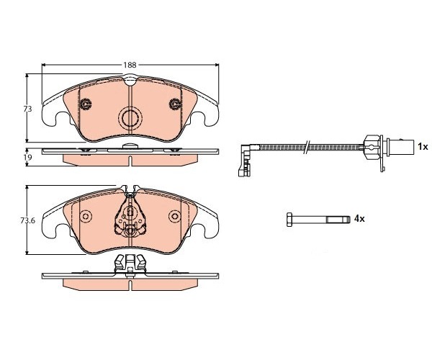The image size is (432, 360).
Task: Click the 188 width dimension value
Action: [x=130, y=65]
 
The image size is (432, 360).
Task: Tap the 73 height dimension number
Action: [x=27, y=109]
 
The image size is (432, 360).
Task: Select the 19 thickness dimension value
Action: [x=28, y=157]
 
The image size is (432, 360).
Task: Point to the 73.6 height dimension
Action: [x=27, y=220]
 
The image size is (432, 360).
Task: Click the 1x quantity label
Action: [x=423, y=147]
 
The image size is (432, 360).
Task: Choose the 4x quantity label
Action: [x=359, y=219]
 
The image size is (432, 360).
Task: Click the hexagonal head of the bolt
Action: [x=289, y=220]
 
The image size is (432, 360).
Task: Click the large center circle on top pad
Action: [x=130, y=118]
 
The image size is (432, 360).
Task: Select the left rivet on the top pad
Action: [x=86, y=104]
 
